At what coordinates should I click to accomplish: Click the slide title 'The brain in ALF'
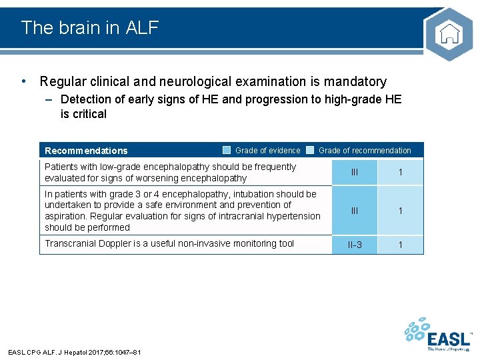pyautogui.click(x=90, y=27)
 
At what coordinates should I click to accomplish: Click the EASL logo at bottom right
pyautogui.click(x=440, y=335)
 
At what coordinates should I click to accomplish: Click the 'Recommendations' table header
pyautogui.click(x=86, y=151)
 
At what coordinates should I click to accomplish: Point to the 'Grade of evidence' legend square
pyautogui.click(x=227, y=150)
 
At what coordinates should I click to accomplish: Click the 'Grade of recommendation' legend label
pyautogui.click(x=365, y=151)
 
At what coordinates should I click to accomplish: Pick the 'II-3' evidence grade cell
pyautogui.click(x=355, y=245)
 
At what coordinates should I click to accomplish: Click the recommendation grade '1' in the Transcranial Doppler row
pyautogui.click(x=400, y=245)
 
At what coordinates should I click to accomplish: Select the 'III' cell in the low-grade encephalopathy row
pyautogui.click(x=355, y=173)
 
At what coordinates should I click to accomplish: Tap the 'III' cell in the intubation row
pyautogui.click(x=355, y=211)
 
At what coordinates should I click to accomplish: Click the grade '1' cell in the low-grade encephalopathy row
pyautogui.click(x=400, y=173)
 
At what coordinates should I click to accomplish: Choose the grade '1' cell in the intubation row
pyautogui.click(x=400, y=211)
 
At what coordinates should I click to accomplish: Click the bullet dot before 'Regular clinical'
pyautogui.click(x=24, y=81)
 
